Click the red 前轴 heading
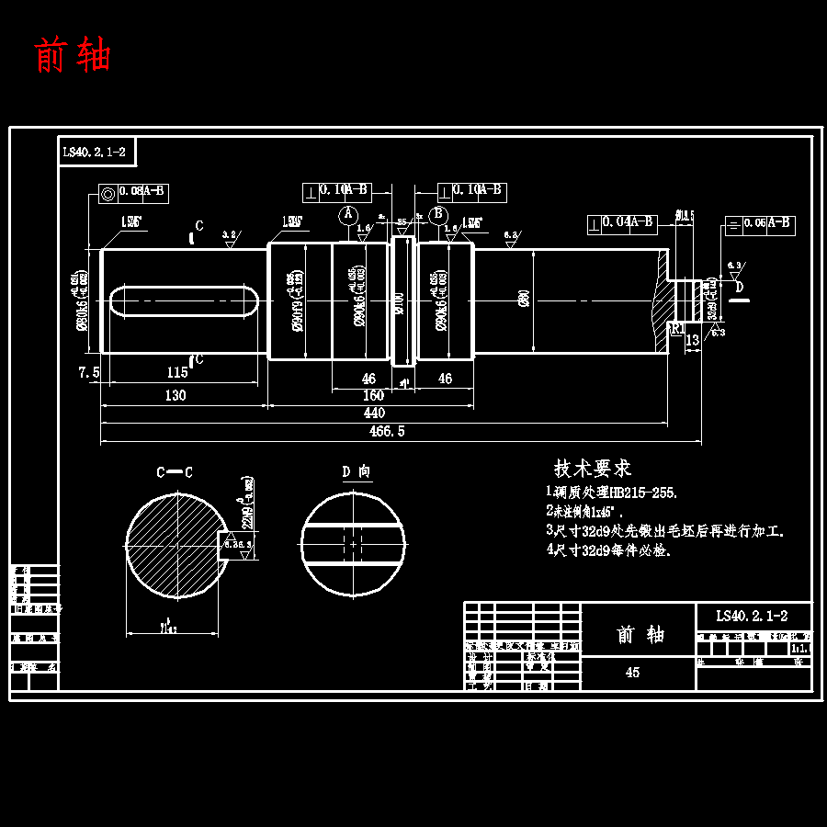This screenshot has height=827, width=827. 73,55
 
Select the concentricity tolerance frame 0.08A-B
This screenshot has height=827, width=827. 133,193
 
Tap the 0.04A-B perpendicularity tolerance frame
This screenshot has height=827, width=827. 622,222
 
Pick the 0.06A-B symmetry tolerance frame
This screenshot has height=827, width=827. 759,223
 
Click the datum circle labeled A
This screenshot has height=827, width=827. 347,214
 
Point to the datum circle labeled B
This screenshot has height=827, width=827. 439,214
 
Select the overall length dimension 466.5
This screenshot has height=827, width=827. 386,431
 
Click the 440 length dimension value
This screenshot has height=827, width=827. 375,413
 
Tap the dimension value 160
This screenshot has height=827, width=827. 373,395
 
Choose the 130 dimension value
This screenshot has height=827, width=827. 175,395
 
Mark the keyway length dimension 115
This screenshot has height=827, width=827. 177,372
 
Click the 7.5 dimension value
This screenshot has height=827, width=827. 88,372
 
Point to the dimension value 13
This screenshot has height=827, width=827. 693,341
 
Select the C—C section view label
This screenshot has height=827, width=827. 174,472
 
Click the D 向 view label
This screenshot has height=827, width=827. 356,471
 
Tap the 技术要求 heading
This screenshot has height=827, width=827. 592,469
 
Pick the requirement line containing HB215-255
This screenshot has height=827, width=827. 612,493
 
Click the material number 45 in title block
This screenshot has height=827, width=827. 632,673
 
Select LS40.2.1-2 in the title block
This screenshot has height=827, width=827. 753,616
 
